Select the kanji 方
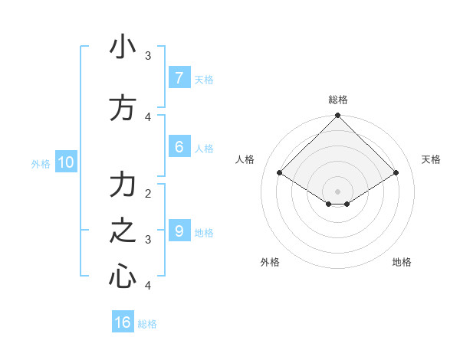(x=123, y=108)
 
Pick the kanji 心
(x=123, y=276)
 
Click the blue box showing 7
(x=179, y=77)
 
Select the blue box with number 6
(x=179, y=146)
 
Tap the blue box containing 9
(x=179, y=231)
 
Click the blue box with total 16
(x=123, y=322)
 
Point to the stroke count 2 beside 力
(x=148, y=193)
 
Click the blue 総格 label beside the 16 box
(x=147, y=324)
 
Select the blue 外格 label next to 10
(x=40, y=163)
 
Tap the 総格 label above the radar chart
(x=338, y=100)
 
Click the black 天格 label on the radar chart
(x=431, y=159)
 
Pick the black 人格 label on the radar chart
(x=245, y=159)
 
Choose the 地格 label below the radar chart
(x=402, y=262)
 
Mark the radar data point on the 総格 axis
(x=338, y=116)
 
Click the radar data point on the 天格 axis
(x=396, y=173)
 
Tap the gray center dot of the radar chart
(x=338, y=191)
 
